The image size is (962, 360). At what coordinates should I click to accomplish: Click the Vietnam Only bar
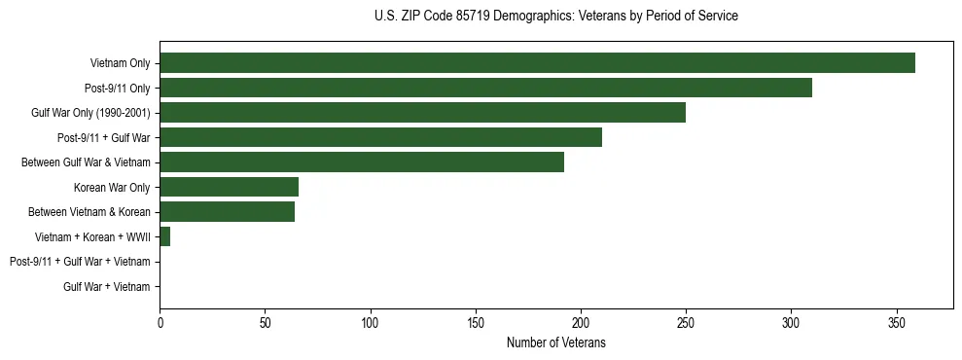tap(537, 63)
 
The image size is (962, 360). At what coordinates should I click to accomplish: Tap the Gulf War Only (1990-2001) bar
tap(422, 113)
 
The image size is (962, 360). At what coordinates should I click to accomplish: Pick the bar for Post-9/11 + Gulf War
tap(380, 137)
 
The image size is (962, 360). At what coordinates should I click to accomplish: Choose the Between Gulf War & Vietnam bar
tap(362, 162)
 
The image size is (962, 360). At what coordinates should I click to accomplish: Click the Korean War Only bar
tap(229, 187)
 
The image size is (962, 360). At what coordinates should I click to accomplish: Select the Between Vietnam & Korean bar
tap(227, 212)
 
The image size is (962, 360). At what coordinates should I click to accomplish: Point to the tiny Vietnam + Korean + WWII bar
tap(164, 236)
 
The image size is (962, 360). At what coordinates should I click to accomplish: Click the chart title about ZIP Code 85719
tap(555, 17)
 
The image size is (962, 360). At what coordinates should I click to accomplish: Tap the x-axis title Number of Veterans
tap(555, 342)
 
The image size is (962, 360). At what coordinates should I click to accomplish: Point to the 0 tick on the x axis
tap(160, 323)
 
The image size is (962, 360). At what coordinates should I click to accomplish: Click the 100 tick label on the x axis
tap(370, 323)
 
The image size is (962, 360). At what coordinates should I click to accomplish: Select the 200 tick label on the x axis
tap(581, 323)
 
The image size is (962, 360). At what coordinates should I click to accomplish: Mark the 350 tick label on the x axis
tap(896, 323)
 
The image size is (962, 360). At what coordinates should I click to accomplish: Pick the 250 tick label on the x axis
tap(686, 323)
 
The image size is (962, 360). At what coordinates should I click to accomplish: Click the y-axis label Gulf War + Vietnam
tap(106, 286)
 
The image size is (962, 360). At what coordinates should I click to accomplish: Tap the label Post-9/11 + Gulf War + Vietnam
tap(80, 262)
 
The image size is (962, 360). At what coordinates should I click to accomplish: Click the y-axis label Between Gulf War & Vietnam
tap(86, 162)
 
